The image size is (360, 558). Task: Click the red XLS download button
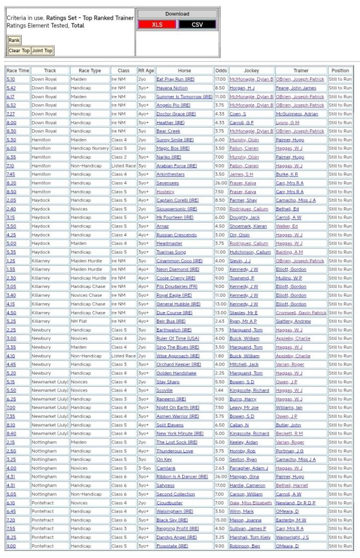point(157,25)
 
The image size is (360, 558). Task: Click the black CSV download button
point(197,25)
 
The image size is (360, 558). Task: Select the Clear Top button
point(19,51)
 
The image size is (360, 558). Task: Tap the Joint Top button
point(42,51)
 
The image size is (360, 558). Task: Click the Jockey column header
point(251,70)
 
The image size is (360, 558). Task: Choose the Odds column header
point(221,70)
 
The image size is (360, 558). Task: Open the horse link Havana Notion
point(172,88)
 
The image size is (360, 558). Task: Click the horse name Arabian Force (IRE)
point(176,166)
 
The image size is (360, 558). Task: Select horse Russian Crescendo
point(177,235)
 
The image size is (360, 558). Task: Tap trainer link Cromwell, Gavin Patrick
point(301,313)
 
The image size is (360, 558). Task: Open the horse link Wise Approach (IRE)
point(176,356)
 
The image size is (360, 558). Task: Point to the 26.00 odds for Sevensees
point(221,183)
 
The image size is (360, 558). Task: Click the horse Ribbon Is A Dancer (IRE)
point(182,477)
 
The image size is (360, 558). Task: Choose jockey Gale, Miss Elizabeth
point(251,503)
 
